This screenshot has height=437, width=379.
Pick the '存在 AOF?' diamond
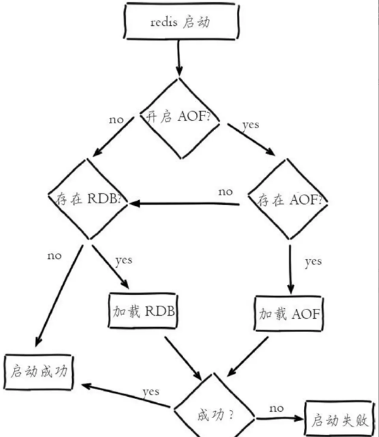(x=290, y=201)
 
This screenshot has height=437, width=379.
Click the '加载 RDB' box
(x=144, y=312)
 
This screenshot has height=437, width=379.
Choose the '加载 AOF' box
(x=289, y=313)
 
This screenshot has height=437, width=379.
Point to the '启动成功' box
(x=39, y=373)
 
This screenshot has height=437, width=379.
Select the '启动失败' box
(x=339, y=419)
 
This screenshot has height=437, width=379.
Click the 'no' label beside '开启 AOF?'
(x=116, y=119)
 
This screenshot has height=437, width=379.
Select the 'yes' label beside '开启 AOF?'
(x=250, y=124)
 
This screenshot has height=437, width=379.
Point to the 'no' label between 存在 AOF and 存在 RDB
(x=226, y=191)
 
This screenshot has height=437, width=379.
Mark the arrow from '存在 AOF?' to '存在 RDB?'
(x=183, y=203)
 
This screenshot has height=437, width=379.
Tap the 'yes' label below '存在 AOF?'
(x=313, y=261)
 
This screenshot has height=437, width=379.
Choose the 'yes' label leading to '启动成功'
(x=150, y=392)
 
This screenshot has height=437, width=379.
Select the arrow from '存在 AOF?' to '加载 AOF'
(x=291, y=265)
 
